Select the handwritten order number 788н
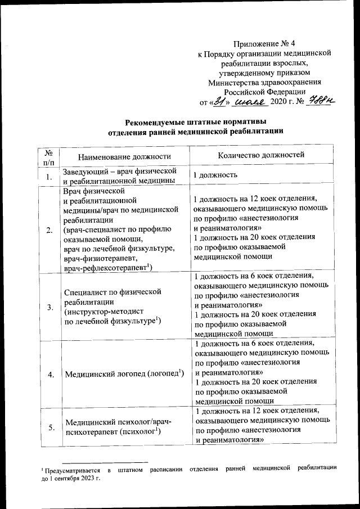pos(321,101)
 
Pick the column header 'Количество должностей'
pos(260,154)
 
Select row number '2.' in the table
pos(49,230)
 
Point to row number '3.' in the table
pos(49,306)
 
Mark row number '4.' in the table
pos(49,374)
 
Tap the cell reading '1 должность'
pos(214,175)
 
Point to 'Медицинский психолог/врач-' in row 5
pos(118,422)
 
